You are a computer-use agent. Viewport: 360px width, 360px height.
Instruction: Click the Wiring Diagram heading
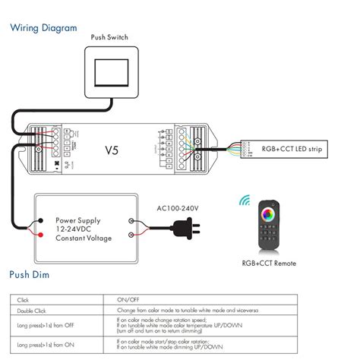pyautogui.click(x=43, y=28)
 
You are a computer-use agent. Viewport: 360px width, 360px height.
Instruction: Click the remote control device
pyautogui.click(x=267, y=226)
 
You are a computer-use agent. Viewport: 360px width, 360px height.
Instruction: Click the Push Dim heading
pyautogui.click(x=30, y=273)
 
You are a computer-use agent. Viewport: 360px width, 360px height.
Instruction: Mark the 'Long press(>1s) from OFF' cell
pyautogui.click(x=46, y=325)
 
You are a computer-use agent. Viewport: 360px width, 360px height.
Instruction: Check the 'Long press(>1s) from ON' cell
pyautogui.click(x=45, y=344)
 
